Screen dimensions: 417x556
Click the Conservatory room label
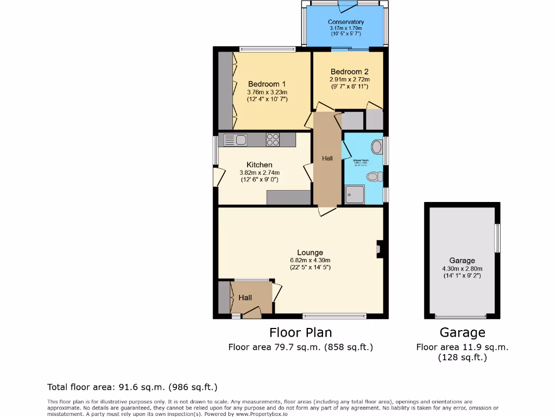346,22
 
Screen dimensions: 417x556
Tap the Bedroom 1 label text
267,84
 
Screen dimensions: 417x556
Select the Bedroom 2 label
349,72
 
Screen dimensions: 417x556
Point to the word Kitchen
260,165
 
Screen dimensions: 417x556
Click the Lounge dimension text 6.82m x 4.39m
310,260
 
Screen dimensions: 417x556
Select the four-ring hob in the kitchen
273,140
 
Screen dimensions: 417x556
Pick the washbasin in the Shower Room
377,146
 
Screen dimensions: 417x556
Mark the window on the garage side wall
497,238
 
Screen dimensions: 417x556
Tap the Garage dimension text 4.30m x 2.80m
462,268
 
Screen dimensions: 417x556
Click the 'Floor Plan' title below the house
300,332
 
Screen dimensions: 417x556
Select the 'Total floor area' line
132,387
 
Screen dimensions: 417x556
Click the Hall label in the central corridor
327,158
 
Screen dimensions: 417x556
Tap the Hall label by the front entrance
245,298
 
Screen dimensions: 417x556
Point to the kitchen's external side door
218,176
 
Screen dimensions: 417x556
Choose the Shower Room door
345,150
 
